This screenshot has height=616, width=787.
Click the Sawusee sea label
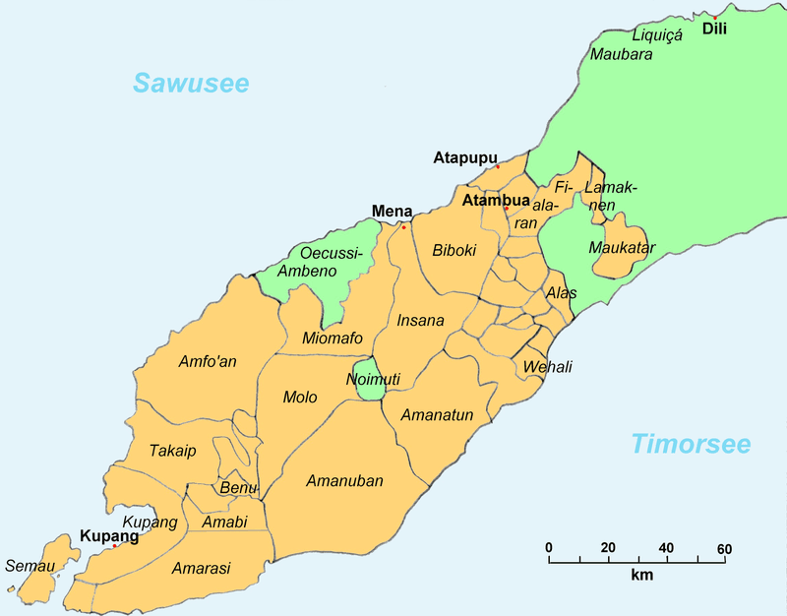coord(191,83)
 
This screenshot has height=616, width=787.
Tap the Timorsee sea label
coord(691,443)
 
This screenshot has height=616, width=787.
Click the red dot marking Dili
coord(714,17)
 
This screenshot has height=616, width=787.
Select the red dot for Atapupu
coord(498,166)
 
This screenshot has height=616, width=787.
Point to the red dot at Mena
coord(403,226)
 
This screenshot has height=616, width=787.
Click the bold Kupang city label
coord(108,537)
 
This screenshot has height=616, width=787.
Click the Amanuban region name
coord(344,481)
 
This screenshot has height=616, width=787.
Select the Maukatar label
coord(621,248)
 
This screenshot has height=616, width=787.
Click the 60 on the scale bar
coord(724,548)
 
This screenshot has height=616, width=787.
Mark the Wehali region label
coord(548,367)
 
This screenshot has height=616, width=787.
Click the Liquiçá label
coord(656,34)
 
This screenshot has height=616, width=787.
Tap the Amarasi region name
coord(202,569)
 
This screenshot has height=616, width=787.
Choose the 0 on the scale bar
coord(549,548)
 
